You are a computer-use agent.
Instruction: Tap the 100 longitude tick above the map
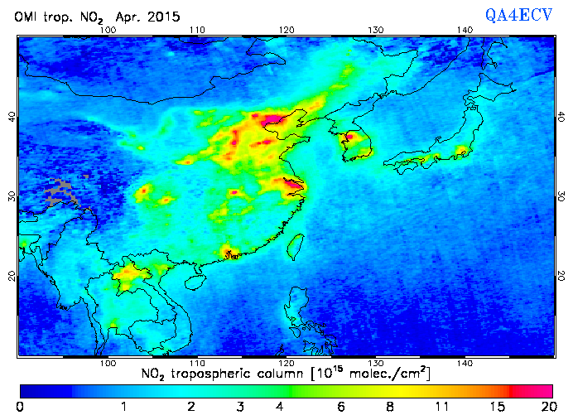pyautogui.click(x=107, y=30)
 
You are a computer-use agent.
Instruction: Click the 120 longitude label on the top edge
pyautogui.click(x=286, y=30)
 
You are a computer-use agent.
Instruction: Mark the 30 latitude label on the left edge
pyautogui.click(x=12, y=196)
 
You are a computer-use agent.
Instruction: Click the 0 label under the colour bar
pyautogui.click(x=19, y=406)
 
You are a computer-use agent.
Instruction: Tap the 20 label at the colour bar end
pyautogui.click(x=546, y=406)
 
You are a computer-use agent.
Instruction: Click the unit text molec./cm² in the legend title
pyautogui.click(x=389, y=374)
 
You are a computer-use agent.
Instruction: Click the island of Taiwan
pyautogui.click(x=295, y=244)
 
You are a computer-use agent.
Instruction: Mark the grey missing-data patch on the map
pyautogui.click(x=63, y=193)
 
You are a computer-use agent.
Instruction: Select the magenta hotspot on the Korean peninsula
pyautogui.click(x=350, y=137)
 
